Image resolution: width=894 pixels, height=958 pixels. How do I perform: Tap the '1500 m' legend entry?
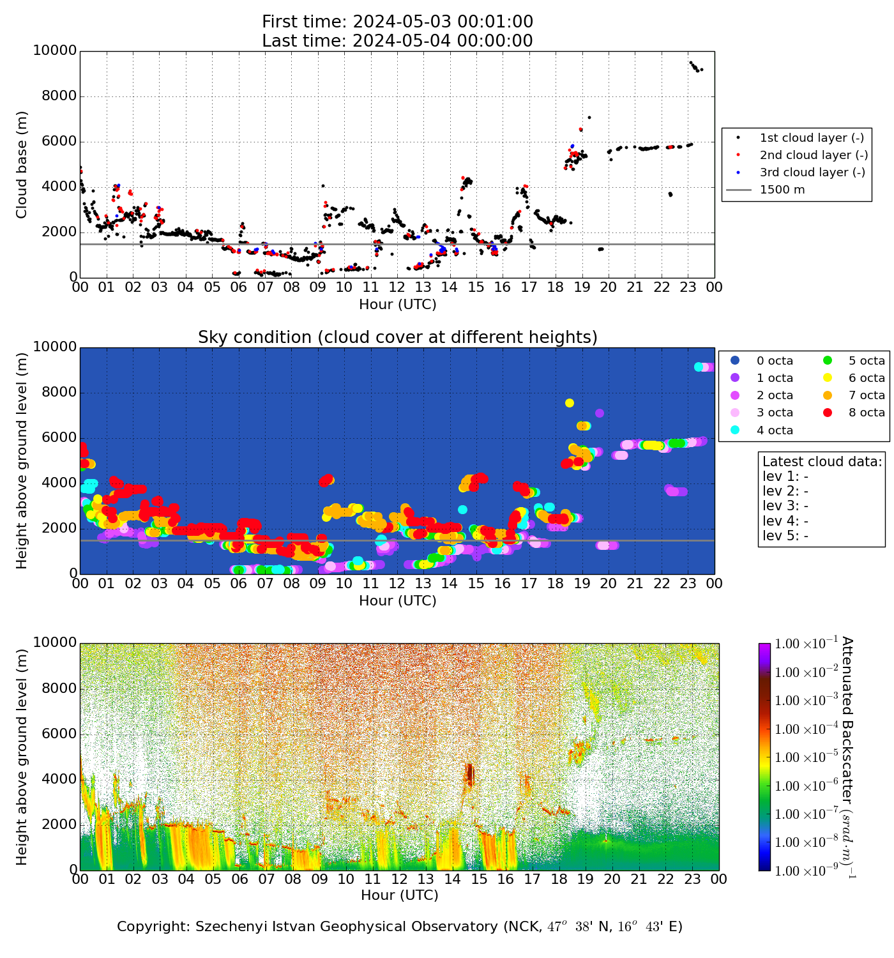(x=782, y=190)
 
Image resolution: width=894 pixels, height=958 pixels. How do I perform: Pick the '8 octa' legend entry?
(x=867, y=413)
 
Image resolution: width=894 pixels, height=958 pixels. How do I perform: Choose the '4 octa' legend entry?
(x=775, y=430)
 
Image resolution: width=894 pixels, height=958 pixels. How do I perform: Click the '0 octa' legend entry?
(x=775, y=361)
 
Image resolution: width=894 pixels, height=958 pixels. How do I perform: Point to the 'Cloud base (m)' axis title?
(x=22, y=164)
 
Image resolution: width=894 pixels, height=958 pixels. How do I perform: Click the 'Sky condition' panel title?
(x=397, y=337)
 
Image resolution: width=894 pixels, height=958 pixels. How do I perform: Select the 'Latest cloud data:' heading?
(x=822, y=461)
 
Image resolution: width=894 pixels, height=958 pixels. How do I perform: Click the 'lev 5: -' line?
(x=785, y=535)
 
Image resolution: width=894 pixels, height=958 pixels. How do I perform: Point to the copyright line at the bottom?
(x=400, y=926)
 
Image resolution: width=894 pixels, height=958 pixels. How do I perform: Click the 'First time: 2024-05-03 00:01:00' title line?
(x=397, y=22)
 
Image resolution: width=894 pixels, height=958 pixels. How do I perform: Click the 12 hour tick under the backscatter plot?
(x=400, y=879)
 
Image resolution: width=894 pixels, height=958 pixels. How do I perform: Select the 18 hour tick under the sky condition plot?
(x=556, y=583)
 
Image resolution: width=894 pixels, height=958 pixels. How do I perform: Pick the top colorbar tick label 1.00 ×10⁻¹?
(x=801, y=644)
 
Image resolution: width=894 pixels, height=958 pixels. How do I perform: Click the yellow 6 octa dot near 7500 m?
(x=570, y=402)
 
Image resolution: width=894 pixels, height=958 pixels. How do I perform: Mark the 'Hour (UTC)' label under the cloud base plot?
(x=397, y=305)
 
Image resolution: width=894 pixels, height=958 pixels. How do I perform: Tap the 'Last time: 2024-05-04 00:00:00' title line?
(x=397, y=41)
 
